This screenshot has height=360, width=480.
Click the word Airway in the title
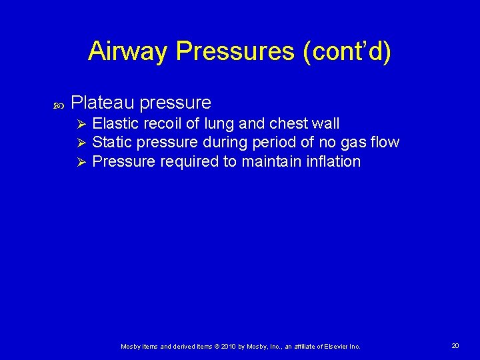click(x=127, y=51)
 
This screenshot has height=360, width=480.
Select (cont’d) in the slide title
click(x=347, y=51)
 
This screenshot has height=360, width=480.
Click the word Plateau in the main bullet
click(x=102, y=103)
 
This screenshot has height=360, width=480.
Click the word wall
click(x=325, y=123)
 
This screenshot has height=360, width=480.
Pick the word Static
click(x=110, y=142)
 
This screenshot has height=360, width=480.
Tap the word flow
click(x=384, y=142)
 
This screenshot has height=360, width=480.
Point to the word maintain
click(x=273, y=161)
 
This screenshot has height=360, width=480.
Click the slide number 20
click(x=455, y=345)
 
